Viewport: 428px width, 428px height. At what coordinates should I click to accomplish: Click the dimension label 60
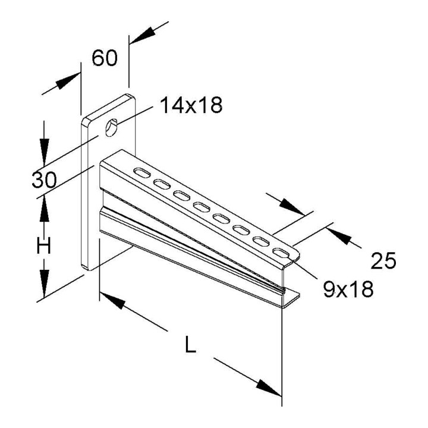(105, 58)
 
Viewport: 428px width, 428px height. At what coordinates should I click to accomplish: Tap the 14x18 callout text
(191, 105)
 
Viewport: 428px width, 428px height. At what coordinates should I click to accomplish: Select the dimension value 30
(44, 180)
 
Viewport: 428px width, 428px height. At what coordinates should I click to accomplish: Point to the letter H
(44, 245)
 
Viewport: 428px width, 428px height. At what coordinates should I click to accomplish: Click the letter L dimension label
(190, 344)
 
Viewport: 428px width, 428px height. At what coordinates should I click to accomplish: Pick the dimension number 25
(383, 261)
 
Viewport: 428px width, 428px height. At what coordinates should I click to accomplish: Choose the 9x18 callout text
(348, 289)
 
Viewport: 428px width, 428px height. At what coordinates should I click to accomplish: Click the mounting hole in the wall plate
(111, 127)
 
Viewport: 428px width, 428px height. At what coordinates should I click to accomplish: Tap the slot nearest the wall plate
(141, 173)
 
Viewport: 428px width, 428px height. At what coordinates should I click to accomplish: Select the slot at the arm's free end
(281, 253)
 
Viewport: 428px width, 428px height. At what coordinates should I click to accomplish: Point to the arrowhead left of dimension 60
(67, 81)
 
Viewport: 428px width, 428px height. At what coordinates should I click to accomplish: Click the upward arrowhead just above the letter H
(44, 210)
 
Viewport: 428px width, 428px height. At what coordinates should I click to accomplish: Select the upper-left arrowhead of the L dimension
(112, 300)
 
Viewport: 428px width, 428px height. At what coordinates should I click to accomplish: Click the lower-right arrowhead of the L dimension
(269, 388)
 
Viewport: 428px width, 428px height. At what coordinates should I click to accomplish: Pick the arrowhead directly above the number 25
(292, 207)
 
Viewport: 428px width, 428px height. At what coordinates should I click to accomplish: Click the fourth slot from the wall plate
(202, 207)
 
